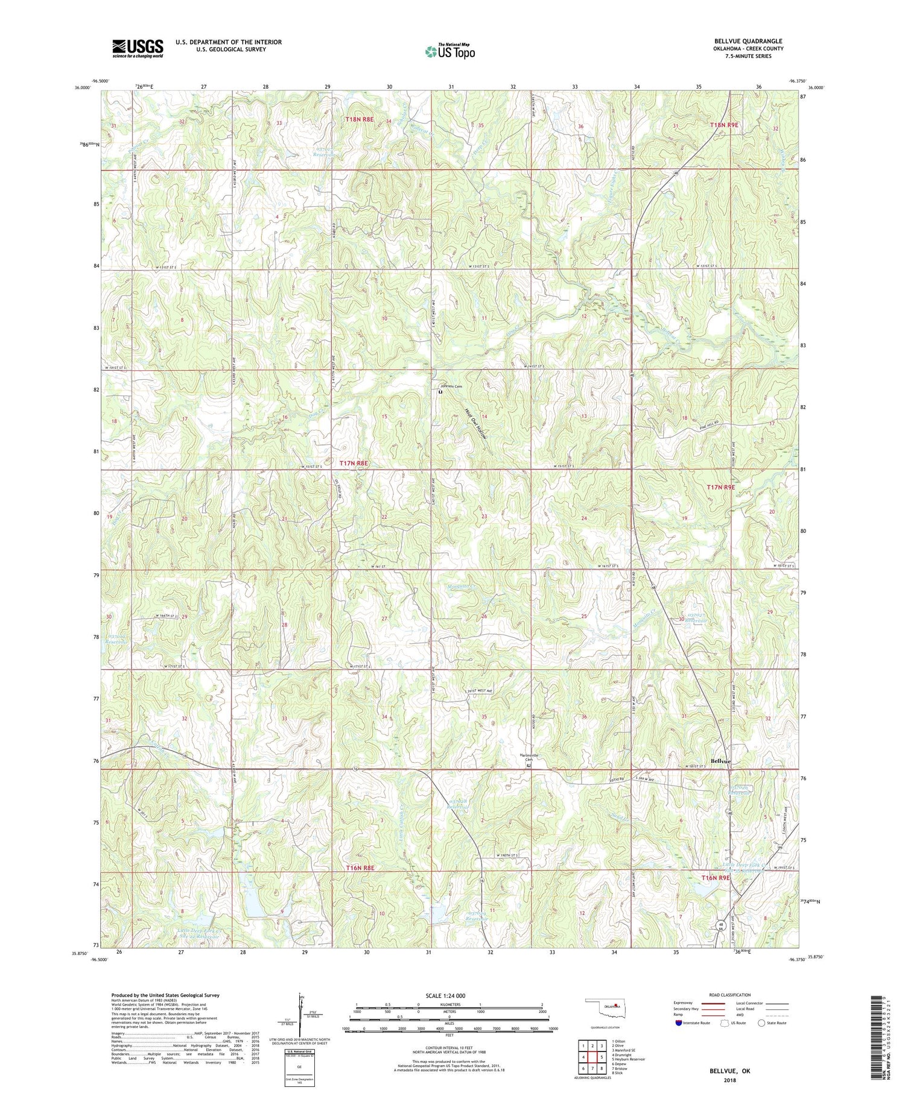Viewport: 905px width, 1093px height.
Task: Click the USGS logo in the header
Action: pyautogui.click(x=138, y=48)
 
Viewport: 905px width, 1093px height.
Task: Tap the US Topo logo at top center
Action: pyautogui.click(x=449, y=51)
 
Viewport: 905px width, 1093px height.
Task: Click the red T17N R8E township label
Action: pyautogui.click(x=353, y=463)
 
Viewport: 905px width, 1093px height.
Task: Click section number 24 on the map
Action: pyautogui.click(x=583, y=518)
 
